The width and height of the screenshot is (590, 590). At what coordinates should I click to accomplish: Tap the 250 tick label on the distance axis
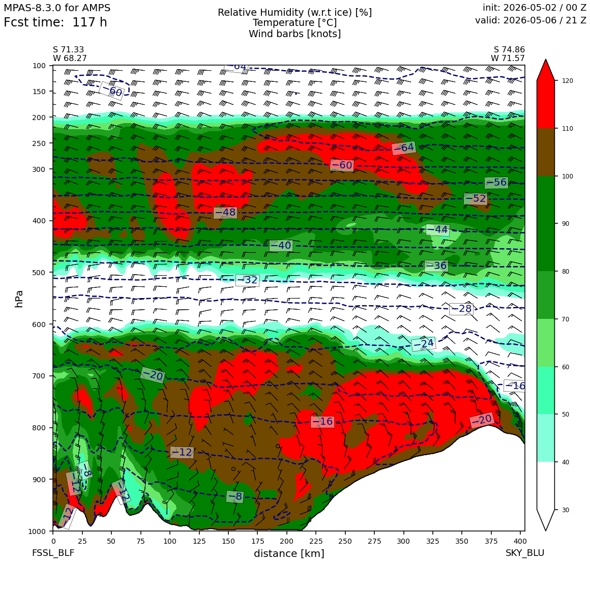345,541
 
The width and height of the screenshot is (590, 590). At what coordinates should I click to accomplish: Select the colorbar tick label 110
567,129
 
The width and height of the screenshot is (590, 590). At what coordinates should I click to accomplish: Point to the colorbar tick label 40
565,462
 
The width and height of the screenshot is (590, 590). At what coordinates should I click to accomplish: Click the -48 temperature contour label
225,213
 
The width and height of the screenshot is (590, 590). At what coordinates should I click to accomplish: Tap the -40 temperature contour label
281,245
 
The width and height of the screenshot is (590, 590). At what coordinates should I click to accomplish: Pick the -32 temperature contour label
247,280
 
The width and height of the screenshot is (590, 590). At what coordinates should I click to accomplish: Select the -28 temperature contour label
461,309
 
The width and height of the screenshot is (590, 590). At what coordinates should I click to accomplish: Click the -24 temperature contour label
424,344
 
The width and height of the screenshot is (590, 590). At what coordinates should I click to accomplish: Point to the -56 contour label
496,183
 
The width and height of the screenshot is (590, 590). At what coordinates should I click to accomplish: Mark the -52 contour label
476,198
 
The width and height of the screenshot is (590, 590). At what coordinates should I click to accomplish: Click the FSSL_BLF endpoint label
53,553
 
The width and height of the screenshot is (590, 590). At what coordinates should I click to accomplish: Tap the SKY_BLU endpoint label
524,553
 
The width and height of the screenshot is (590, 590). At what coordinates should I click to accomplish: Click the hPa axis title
19,299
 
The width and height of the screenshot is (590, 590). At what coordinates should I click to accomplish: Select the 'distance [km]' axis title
289,553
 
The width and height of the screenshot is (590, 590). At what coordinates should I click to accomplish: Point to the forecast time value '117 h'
90,22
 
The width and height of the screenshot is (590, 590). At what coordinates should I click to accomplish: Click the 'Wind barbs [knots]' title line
294,34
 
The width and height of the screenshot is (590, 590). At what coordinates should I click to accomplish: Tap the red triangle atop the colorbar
546,70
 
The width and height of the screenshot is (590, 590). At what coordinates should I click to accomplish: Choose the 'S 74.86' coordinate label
509,50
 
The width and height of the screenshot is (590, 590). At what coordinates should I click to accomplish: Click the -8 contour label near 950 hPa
235,497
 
